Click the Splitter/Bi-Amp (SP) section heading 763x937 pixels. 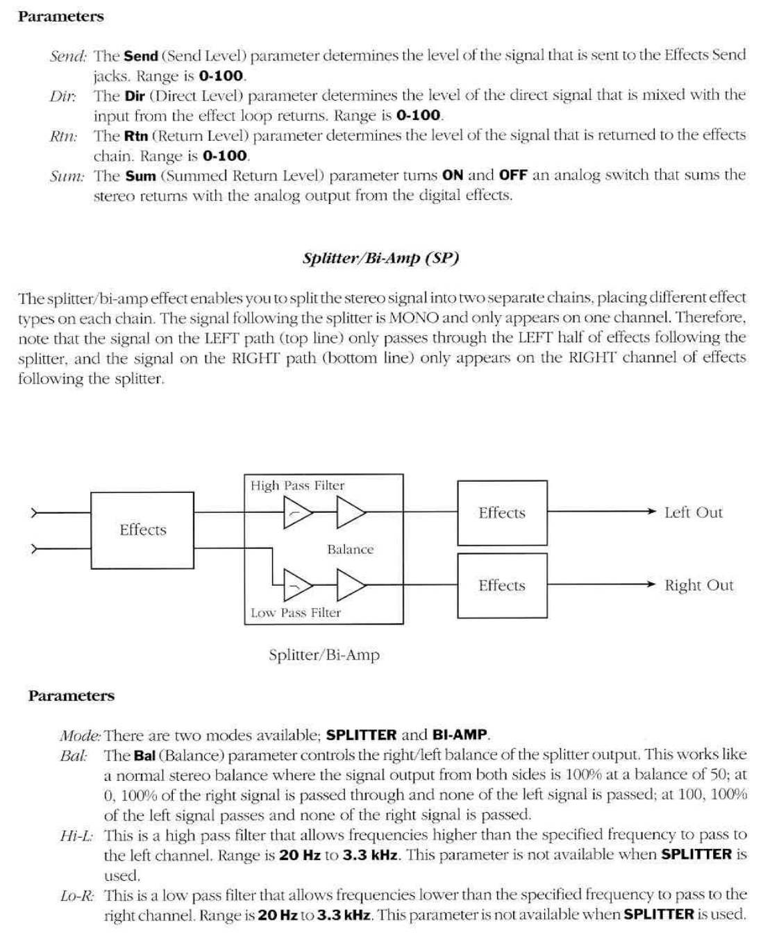click(380, 259)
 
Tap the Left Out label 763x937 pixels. click(693, 513)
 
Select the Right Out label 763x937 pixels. click(698, 585)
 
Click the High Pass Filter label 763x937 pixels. click(297, 486)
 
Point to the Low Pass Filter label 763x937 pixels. click(296, 613)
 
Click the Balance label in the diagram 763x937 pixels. click(350, 550)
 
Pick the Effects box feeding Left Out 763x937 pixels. click(502, 513)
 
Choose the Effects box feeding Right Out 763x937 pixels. click(502, 585)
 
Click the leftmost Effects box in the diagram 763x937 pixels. click(143, 530)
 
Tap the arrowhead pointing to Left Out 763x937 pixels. click(651, 512)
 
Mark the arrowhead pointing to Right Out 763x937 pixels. click(651, 584)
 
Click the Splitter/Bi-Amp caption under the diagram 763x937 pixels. click(324, 655)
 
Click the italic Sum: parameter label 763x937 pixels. click(67, 176)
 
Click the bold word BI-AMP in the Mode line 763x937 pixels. click(460, 735)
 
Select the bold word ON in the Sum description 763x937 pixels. click(453, 176)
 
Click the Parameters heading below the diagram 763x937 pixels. click(72, 695)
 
